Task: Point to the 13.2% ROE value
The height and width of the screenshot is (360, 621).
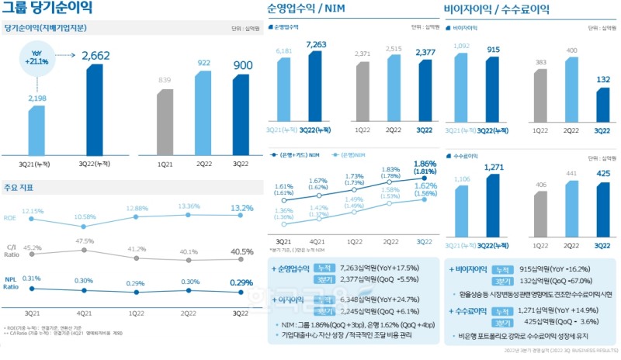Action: [x=242, y=209]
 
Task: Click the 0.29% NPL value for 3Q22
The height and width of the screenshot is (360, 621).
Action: [x=242, y=282]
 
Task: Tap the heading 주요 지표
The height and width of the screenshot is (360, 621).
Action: [x=18, y=188]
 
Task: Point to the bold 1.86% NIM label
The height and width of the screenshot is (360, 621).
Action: [x=424, y=164]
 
